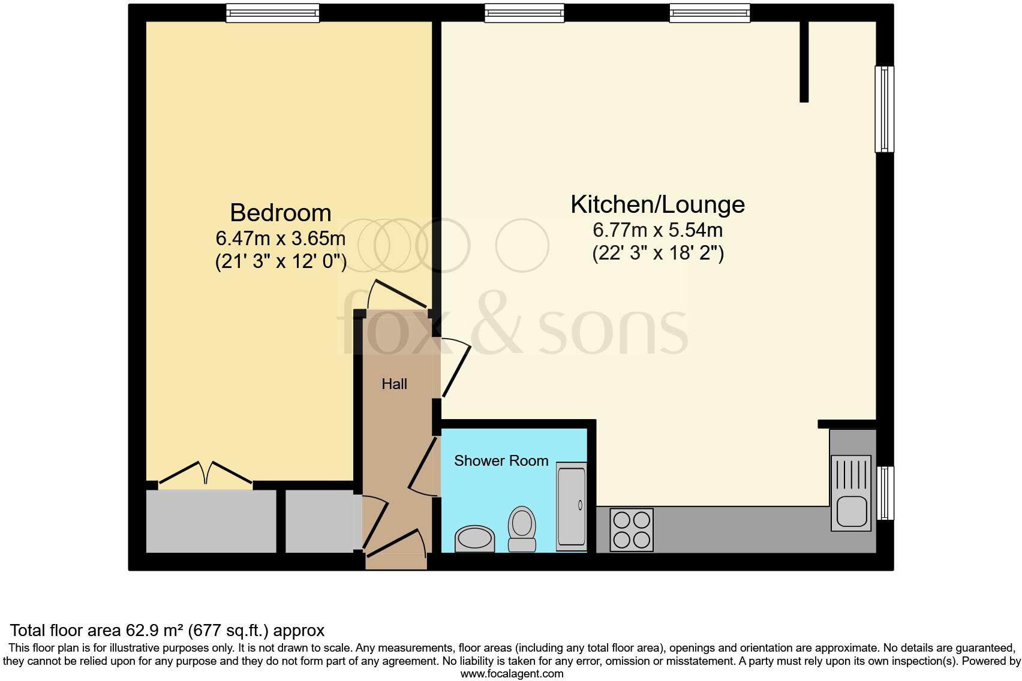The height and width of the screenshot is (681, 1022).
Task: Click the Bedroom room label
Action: coord(280,213)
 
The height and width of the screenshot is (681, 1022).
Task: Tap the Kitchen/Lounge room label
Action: coord(657,205)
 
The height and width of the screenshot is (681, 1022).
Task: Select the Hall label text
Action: coord(394,384)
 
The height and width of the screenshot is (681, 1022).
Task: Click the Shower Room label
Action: coord(501,461)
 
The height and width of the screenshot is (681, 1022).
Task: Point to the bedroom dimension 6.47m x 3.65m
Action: coord(280,239)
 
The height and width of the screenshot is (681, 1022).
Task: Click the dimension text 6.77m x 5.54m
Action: coord(657,230)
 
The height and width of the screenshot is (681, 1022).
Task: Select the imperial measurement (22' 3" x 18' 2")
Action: coord(658,254)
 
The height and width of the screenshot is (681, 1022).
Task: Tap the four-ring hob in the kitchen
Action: coord(632,530)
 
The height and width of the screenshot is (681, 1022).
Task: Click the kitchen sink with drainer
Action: coord(851,493)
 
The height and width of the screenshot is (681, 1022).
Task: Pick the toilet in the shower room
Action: coord(522,528)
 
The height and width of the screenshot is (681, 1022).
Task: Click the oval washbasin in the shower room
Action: coord(475,539)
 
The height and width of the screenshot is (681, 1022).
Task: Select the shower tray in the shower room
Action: coord(571,506)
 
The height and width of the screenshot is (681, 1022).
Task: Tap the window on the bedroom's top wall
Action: coord(272,13)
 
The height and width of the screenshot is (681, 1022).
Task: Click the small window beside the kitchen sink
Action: coord(885,493)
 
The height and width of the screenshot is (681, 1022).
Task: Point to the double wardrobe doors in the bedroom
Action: coord(205,472)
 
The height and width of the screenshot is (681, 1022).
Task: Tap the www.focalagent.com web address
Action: coord(512,674)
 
